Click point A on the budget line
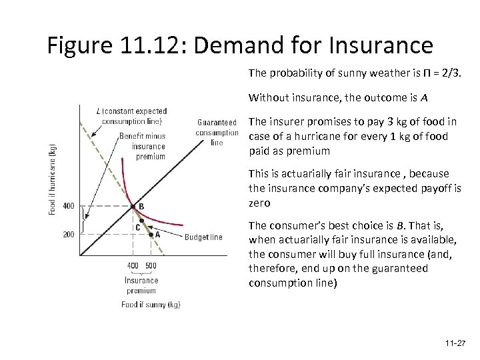point(152,235)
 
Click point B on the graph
point(133,206)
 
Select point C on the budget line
point(140,220)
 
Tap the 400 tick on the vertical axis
point(69,206)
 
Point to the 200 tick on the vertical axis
point(69,235)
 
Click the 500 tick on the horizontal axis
point(151,266)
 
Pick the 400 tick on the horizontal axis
point(133,266)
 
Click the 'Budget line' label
point(203,237)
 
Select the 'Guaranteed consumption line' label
point(217,132)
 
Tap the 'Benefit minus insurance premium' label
point(148,147)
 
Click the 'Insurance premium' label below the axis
point(141,285)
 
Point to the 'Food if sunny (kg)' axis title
point(151,305)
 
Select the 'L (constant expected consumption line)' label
point(131,115)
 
